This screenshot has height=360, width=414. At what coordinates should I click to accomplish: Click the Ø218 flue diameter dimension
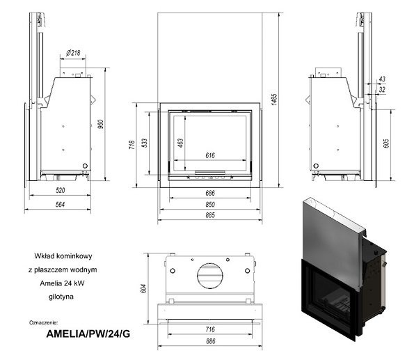pyautogui.click(x=73, y=53)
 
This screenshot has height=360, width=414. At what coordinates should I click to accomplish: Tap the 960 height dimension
pyautogui.click(x=101, y=124)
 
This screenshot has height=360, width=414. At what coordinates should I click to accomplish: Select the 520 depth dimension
pyautogui.click(x=61, y=190)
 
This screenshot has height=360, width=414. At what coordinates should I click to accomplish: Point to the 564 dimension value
pyautogui.click(x=61, y=204)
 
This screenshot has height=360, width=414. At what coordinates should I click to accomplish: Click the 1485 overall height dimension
pyautogui.click(x=274, y=100)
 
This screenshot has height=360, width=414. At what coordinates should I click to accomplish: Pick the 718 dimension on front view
pyautogui.click(x=132, y=145)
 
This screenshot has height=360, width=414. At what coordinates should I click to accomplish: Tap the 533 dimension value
pyautogui.click(x=145, y=143)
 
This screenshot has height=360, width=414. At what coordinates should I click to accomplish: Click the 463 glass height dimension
pyautogui.click(x=180, y=143)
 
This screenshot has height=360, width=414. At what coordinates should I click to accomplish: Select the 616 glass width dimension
pyautogui.click(x=210, y=155)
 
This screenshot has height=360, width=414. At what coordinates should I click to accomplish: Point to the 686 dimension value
pyautogui.click(x=210, y=193)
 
